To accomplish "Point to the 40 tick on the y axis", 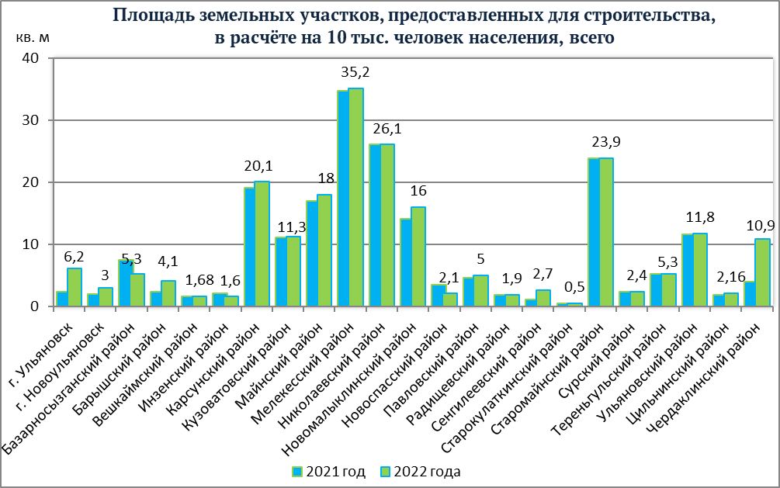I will click(30, 58).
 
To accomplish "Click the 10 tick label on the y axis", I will click(30, 244).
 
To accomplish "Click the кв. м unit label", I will click(33, 37).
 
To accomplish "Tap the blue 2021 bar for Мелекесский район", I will click(343, 199).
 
